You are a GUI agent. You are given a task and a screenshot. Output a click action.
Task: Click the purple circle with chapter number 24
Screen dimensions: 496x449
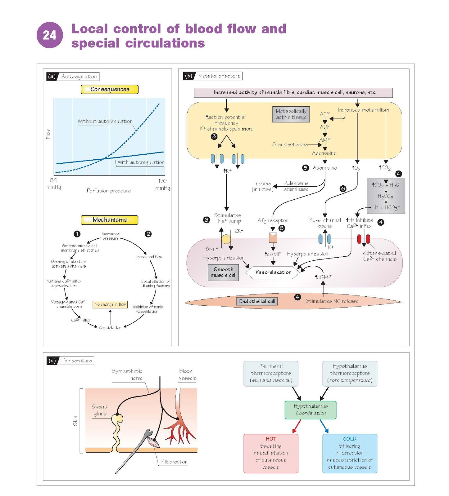(x=50, y=35)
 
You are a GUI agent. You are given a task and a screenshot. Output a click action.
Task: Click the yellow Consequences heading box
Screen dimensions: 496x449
(x=110, y=89)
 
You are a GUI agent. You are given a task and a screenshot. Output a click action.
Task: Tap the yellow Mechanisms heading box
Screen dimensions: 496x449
(x=110, y=220)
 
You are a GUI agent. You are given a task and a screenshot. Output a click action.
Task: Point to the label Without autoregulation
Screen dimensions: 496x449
(x=105, y=121)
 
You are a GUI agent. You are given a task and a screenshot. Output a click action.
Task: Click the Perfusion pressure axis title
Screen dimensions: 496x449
(x=109, y=190)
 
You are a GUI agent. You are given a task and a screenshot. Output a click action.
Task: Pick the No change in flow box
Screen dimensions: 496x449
(x=110, y=304)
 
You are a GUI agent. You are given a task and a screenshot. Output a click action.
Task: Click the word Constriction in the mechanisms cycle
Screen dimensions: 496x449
(x=110, y=328)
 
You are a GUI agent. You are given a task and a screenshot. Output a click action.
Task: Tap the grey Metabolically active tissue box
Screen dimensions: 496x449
(x=291, y=114)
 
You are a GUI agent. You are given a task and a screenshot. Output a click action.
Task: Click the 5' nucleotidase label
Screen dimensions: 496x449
(x=290, y=144)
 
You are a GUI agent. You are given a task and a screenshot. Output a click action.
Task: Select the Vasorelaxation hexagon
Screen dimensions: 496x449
(x=273, y=272)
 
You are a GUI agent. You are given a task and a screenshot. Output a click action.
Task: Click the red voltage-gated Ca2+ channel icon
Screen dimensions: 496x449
(x=364, y=239)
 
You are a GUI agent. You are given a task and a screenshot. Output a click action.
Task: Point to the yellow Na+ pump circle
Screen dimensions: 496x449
(x=226, y=239)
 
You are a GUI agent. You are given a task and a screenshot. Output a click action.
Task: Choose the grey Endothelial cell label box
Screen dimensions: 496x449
(x=257, y=301)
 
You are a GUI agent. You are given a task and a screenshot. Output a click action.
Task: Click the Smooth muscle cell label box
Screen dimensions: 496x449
(x=223, y=272)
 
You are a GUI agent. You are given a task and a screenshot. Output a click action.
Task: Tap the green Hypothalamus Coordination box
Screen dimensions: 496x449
(x=311, y=410)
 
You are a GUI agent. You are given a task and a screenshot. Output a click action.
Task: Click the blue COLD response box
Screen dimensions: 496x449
(x=350, y=453)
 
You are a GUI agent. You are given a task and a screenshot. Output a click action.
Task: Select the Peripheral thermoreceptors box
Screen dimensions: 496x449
(x=271, y=373)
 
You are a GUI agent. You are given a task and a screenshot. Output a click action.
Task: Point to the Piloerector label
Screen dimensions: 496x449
(x=174, y=462)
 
